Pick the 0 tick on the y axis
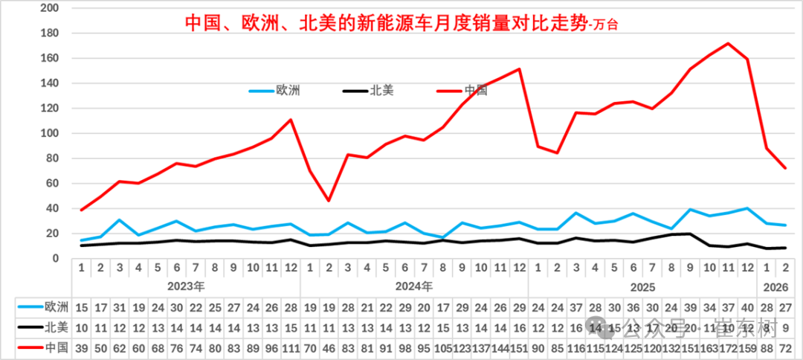point(56,259)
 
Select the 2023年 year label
point(186,285)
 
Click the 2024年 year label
point(414,285)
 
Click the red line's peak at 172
point(728,43)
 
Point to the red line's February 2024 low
point(329,201)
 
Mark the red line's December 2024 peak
point(518,69)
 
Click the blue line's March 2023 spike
point(120,220)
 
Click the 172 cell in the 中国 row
point(728,347)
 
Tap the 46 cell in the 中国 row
point(329,347)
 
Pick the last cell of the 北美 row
point(785,327)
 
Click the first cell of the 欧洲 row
point(82,306)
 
